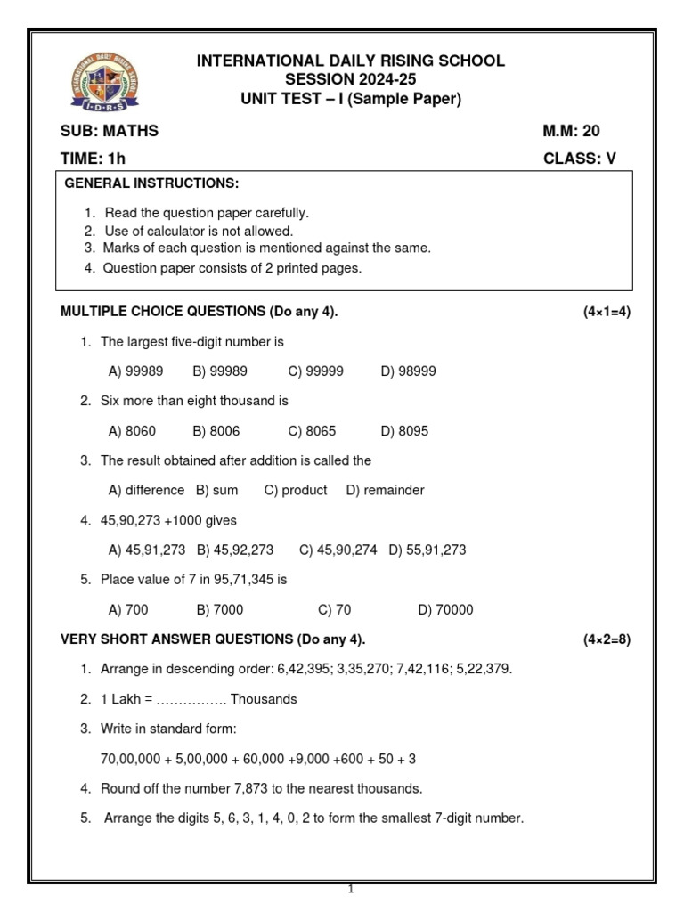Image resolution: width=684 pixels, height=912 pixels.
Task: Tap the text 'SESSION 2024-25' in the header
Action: (350, 80)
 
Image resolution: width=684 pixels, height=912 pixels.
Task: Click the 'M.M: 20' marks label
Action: (571, 131)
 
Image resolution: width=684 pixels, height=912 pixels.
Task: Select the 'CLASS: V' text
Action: (579, 159)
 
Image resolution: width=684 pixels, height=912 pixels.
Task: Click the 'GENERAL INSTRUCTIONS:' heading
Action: (152, 183)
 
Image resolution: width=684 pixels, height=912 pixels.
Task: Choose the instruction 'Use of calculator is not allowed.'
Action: (198, 231)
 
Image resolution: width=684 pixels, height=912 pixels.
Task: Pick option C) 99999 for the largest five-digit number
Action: (315, 371)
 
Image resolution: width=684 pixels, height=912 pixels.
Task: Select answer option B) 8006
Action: (216, 431)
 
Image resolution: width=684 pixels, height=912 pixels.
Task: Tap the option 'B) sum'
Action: (217, 490)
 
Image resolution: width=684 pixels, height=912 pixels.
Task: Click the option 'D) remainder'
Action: (385, 490)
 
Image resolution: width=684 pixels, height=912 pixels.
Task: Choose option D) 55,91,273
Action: (427, 550)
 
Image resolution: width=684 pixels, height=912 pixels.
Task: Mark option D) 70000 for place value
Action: (445, 610)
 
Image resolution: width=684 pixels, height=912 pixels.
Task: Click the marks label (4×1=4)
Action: (607, 312)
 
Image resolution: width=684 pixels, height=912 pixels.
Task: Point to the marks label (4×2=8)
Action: (607, 639)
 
